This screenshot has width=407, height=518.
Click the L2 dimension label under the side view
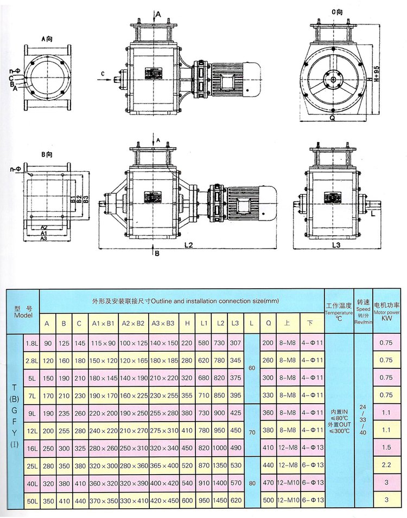[x=188, y=245]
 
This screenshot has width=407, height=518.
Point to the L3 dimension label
[x=336, y=245]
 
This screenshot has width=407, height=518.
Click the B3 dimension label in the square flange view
[x=85, y=199]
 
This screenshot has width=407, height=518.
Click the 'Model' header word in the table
[x=23, y=315]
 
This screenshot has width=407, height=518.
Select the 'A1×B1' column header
[x=103, y=324]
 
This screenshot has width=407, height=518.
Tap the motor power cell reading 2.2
[x=386, y=465]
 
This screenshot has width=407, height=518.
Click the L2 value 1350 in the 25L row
[x=220, y=465]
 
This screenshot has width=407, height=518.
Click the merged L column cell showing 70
[x=251, y=430]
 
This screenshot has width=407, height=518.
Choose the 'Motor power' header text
[x=386, y=313]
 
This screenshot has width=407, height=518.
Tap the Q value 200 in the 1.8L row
[x=268, y=342]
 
